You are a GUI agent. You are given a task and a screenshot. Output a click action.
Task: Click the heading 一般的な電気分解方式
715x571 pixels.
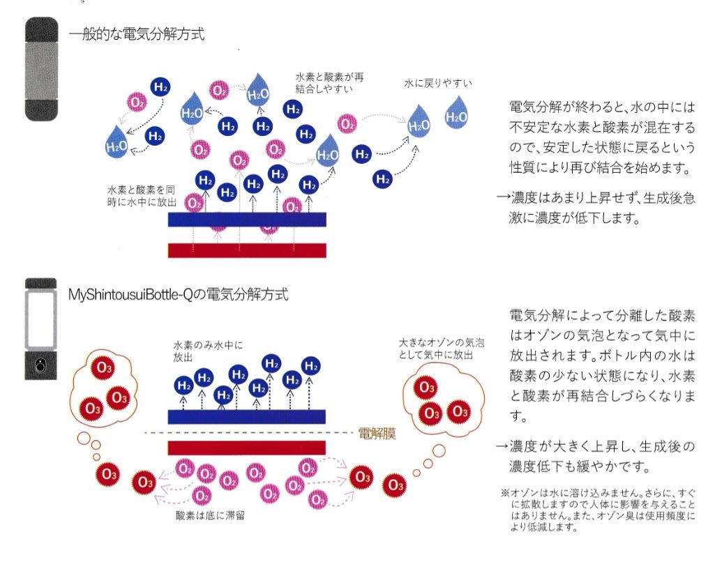tap(136, 34)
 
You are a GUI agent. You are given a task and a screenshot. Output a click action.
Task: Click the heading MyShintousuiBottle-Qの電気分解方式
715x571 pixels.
tap(179, 294)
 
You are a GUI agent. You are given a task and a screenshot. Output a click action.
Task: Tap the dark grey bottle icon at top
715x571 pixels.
tap(41, 69)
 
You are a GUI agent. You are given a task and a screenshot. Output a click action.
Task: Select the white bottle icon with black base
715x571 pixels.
tap(41, 328)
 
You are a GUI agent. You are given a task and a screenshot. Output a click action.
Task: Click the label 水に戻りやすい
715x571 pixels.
tap(438, 83)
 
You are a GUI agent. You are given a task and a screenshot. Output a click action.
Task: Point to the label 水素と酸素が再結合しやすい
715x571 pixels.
tap(329, 82)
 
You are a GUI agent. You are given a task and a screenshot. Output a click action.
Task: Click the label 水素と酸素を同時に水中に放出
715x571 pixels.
tap(142, 196)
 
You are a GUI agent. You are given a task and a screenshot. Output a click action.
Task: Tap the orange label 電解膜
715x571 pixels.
tap(377, 433)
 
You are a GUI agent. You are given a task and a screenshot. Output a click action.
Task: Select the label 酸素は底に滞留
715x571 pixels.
tap(210, 515)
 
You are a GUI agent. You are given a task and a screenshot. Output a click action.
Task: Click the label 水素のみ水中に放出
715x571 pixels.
tap(208, 351)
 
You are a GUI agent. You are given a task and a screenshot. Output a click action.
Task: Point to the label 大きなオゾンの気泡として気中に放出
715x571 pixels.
tap(441, 349)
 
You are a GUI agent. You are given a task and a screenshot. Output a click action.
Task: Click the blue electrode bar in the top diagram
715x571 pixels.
tap(247, 219)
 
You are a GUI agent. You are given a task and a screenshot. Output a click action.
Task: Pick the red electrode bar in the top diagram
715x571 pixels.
tap(247, 250)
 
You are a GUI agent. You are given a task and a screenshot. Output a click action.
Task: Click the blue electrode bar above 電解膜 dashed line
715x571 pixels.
tap(247, 417)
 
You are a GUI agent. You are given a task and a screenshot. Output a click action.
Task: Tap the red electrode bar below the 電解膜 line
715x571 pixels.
tap(247, 448)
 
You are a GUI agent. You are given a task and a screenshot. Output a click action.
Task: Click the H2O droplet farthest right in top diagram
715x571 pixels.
tap(456, 113)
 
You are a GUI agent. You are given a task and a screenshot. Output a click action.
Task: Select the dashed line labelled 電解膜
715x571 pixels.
tap(249, 432)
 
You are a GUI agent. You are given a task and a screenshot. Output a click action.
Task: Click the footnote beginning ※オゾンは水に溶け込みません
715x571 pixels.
tap(598, 510)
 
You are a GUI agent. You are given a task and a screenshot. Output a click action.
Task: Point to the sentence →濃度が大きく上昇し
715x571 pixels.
tap(596, 456)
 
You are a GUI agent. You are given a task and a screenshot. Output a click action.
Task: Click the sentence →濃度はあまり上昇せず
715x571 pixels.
tap(596, 208)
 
